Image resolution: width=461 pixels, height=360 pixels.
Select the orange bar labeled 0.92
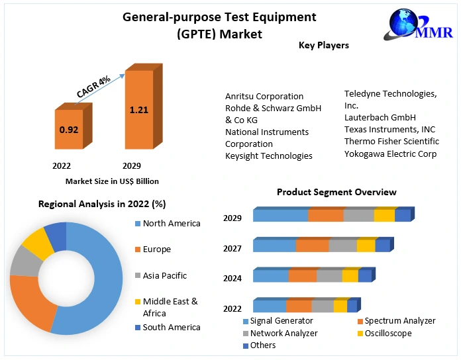pyautogui.click(x=69, y=130)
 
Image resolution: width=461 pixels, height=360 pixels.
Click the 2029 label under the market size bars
pyautogui.click(x=132, y=165)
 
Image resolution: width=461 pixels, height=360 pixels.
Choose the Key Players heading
pyautogui.click(x=324, y=46)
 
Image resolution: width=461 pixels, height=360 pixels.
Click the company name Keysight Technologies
pyautogui.click(x=268, y=156)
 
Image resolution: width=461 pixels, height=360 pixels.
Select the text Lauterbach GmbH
pyautogui.click(x=380, y=117)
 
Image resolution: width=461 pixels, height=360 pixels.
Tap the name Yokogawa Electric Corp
pyautogui.click(x=390, y=154)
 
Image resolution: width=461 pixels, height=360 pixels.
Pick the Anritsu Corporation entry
pyautogui.click(x=264, y=96)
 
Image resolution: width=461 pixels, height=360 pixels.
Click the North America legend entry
pyautogui.click(x=171, y=224)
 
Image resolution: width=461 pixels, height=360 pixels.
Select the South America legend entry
pyautogui.click(x=171, y=327)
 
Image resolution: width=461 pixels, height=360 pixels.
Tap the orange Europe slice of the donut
pyautogui.click(x=30, y=302)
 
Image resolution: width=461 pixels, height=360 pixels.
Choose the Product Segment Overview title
pyautogui.click(x=336, y=192)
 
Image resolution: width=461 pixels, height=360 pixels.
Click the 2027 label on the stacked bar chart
pyautogui.click(x=232, y=249)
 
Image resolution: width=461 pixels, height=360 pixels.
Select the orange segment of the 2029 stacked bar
pyautogui.click(x=325, y=215)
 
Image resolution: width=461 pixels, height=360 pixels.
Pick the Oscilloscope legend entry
pyautogui.click(x=387, y=333)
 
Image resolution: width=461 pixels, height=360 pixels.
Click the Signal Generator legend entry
pyautogui.click(x=281, y=321)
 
